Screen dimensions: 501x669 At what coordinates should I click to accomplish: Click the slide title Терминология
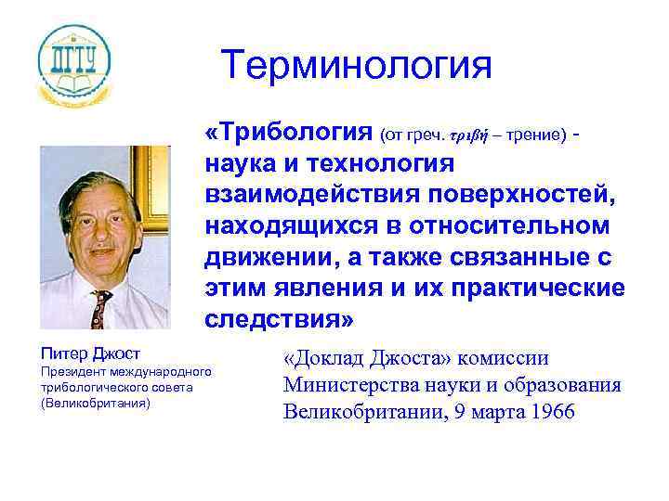click(x=356, y=66)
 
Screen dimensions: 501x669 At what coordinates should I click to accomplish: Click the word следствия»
click(x=279, y=320)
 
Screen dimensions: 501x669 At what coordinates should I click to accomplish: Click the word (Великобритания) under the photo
click(x=95, y=405)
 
